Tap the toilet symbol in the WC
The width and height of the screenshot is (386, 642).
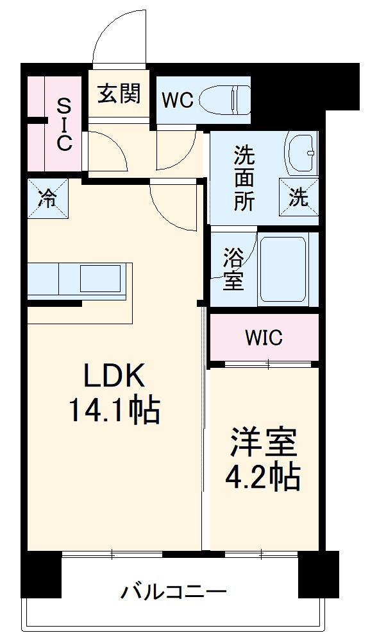coord(224,100)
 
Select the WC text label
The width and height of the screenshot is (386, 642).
coord(177,101)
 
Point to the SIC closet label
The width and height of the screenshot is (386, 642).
coord(63,125)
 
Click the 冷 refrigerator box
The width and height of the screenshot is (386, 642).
coord(47,198)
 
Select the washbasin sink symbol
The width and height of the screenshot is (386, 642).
coord(301,153)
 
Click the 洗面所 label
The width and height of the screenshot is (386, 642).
coord(244,178)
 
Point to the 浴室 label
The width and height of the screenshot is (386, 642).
coord(233,270)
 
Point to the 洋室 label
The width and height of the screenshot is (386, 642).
coord(264,442)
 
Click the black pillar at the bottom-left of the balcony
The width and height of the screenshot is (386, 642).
coord(41,574)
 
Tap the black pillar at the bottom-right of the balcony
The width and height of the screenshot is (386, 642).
coord(319,574)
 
